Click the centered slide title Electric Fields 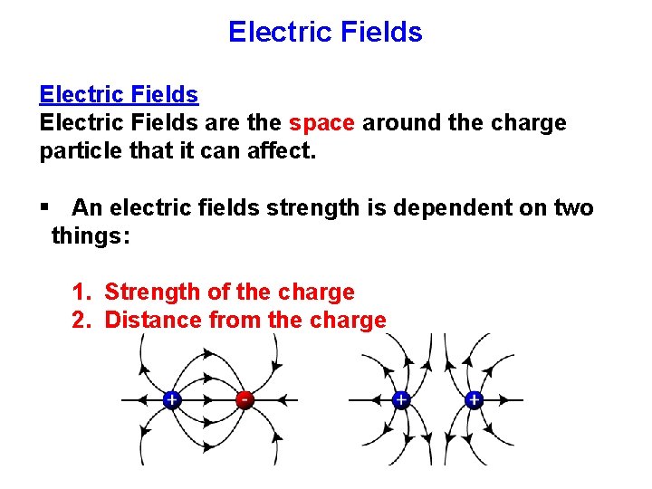click(325, 33)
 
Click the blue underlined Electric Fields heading click(119, 94)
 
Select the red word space click(321, 122)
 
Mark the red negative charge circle click(244, 399)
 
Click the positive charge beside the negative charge click(171, 399)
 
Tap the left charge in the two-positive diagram click(400, 399)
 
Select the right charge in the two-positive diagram click(474, 399)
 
